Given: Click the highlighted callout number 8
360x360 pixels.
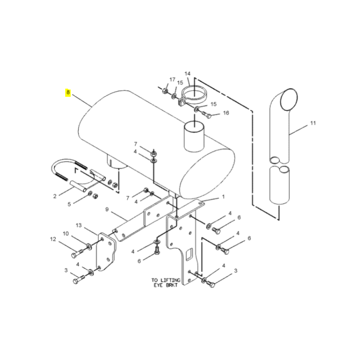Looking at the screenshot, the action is click(x=68, y=92).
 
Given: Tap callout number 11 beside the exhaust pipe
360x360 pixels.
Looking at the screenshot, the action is click(x=313, y=123).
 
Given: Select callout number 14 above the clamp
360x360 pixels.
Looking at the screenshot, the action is click(x=188, y=74).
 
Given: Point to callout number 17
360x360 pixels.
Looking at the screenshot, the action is click(x=172, y=80).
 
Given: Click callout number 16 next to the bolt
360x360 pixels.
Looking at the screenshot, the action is click(x=226, y=113).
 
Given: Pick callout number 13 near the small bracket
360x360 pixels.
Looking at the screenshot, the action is click(x=79, y=225).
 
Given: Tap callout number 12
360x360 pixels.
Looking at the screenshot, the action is click(x=53, y=239).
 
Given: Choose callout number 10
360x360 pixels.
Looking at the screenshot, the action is click(x=66, y=234).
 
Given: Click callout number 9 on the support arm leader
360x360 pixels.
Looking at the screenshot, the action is click(x=107, y=209).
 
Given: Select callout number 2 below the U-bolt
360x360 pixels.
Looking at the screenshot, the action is click(x=54, y=196).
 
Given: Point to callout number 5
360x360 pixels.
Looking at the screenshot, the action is click(x=69, y=204).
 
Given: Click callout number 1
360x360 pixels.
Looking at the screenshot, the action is click(x=223, y=197).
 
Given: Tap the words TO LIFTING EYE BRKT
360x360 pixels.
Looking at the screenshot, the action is click(x=166, y=283).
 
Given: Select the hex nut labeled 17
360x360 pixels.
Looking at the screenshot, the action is click(x=165, y=91).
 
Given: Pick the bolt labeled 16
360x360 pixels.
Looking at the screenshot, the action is click(x=206, y=114).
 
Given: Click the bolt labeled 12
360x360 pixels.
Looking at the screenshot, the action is click(x=77, y=254).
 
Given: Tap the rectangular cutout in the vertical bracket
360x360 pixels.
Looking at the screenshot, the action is click(x=189, y=255).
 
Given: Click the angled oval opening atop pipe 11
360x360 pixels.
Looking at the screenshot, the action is click(x=288, y=99).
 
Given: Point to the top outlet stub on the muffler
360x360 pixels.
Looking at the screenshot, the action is click(x=194, y=137).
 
